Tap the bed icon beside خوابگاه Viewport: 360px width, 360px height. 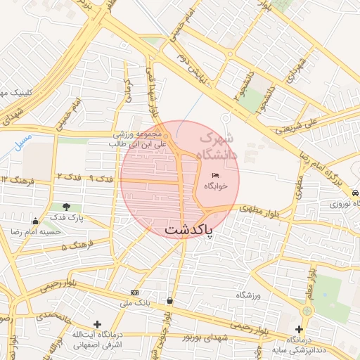pos(215,174)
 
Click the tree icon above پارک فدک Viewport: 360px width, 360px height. pos(67,207)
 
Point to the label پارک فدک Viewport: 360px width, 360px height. pos(67,218)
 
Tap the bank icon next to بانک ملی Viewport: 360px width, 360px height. pos(135,292)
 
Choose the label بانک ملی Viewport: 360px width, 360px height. pos(135,303)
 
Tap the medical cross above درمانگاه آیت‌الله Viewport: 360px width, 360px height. pos(97,324)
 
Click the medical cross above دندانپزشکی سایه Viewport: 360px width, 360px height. pos(300,329)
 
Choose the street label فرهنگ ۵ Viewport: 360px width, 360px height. pos(74,247)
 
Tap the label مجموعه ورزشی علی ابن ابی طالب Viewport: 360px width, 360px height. pos(138,139)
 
